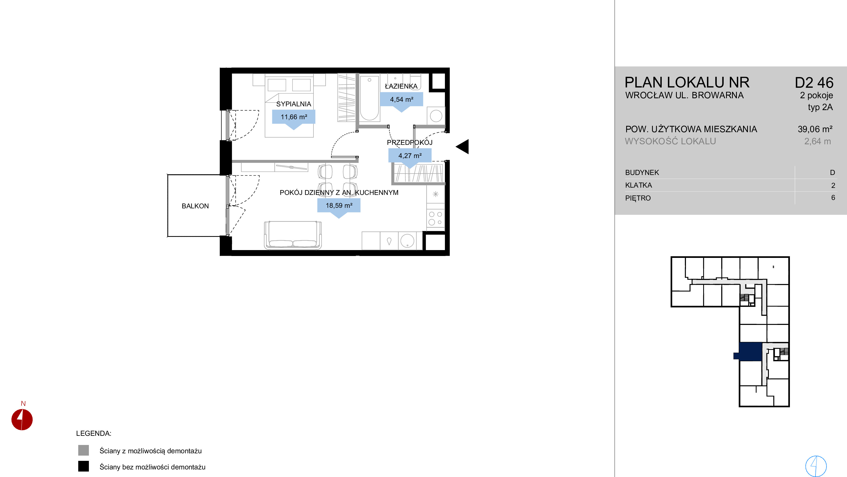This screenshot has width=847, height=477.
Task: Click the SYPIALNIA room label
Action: click(293, 104)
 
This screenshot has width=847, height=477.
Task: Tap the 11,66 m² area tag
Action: click(294, 117)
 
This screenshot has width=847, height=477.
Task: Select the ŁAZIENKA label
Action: click(401, 86)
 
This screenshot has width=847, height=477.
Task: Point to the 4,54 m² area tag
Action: click(402, 99)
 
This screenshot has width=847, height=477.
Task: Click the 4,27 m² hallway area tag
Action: click(410, 156)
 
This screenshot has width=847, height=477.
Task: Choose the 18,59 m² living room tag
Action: click(339, 206)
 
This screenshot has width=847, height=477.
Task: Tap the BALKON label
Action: click(195, 206)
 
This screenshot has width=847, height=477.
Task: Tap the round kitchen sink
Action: click(407, 241)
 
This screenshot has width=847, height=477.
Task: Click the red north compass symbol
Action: click(22, 419)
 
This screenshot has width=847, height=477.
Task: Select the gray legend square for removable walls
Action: click(83, 450)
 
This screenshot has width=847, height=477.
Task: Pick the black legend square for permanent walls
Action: click(83, 467)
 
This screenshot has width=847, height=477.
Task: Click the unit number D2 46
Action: click(814, 83)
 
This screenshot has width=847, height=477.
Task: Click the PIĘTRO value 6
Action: click(833, 198)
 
